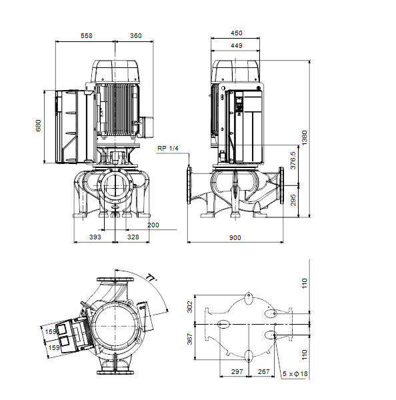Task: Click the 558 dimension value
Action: tap(86, 36)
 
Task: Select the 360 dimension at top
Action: tap(135, 36)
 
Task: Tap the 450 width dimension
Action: tap(236, 33)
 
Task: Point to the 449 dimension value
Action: tap(236, 45)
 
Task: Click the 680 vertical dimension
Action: tap(38, 125)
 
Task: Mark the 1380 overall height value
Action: tap(305, 138)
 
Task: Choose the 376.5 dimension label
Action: tap(293, 161)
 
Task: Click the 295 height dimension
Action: tap(293, 200)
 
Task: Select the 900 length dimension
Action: tap(235, 238)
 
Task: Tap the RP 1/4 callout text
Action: tap(167, 149)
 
